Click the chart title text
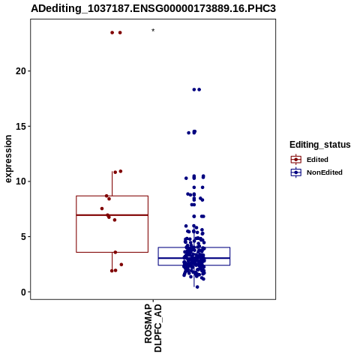click(153, 8)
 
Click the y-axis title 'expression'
click(8, 159)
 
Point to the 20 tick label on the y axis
click(21, 71)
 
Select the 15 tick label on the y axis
click(21, 126)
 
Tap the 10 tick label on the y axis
click(21, 181)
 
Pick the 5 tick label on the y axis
click(23, 236)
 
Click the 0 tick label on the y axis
click(23, 292)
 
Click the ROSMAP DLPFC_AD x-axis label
click(153, 328)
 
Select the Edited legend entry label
click(317, 160)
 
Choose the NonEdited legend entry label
click(325, 172)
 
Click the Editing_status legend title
click(320, 145)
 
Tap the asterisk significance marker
click(153, 31)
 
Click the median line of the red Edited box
click(112, 215)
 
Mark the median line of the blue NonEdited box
click(194, 258)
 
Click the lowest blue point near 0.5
click(197, 287)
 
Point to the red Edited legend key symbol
click(296, 160)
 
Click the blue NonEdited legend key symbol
click(296, 172)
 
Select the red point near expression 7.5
click(102, 208)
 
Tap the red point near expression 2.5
click(121, 265)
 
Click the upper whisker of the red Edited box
click(112, 184)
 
